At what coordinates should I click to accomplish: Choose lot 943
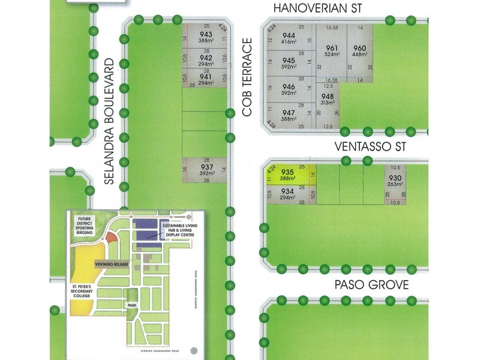tap(206, 37)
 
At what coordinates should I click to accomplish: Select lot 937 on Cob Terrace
tap(206, 170)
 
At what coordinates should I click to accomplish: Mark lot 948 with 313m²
tap(328, 100)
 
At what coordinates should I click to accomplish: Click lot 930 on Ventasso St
tap(395, 181)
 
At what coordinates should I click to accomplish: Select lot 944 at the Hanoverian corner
tap(289, 39)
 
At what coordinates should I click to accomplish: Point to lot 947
tap(289, 116)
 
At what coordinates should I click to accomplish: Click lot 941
tap(206, 80)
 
